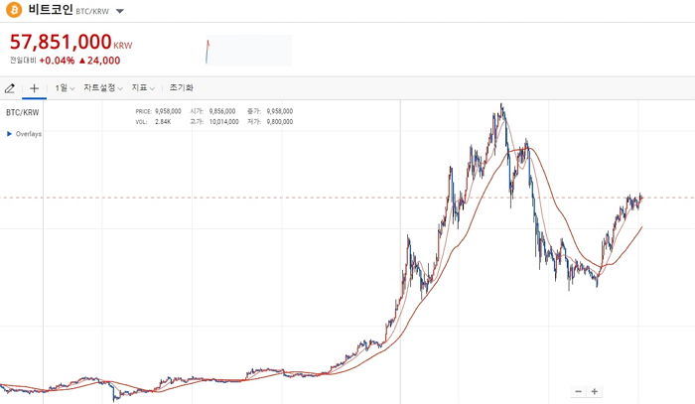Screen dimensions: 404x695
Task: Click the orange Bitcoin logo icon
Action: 14,11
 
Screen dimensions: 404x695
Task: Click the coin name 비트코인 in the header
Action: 50,11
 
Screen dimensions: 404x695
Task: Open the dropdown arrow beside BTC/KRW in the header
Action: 119,12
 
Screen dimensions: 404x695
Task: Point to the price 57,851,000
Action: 61,43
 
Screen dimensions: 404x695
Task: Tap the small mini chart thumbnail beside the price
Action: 248,50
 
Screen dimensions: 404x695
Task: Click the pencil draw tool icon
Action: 10,88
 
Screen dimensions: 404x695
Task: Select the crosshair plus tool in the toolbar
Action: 34,88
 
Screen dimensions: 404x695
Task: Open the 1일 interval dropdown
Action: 65,88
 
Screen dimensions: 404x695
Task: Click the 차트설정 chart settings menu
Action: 102,88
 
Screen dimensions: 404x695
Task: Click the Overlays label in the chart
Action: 28,134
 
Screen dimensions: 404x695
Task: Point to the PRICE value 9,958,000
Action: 169,112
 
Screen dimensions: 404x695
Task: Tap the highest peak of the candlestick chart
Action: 501,105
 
